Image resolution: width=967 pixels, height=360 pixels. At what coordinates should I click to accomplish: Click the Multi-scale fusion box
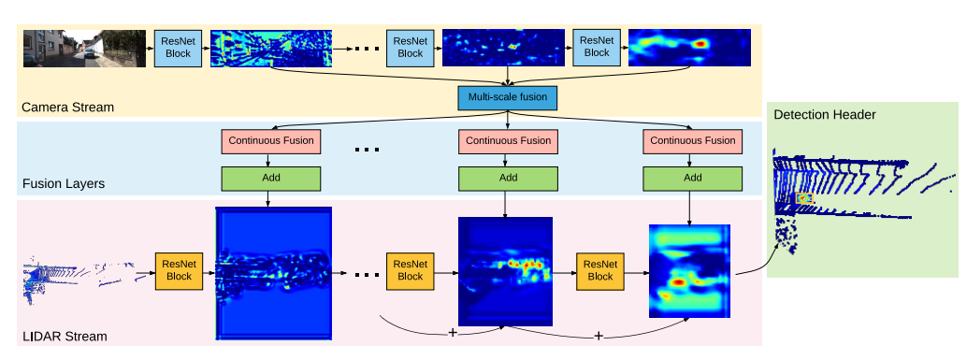507,97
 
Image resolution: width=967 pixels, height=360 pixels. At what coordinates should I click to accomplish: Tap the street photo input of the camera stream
85,48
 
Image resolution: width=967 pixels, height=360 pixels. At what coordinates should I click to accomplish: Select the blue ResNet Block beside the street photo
178,48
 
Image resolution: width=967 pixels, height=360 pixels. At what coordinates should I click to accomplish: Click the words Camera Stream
68,107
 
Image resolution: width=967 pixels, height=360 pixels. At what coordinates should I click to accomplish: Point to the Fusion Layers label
64,183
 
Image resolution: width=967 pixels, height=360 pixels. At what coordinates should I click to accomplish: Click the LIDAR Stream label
65,336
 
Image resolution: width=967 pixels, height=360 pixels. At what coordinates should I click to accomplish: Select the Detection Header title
825,114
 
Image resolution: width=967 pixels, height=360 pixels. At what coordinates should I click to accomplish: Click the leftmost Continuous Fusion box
270,141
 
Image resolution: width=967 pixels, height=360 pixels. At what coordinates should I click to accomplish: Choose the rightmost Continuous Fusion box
692,141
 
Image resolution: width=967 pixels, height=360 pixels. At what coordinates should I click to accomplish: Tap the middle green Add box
508,178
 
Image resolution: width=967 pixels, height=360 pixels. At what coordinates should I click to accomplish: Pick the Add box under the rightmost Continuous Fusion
692,178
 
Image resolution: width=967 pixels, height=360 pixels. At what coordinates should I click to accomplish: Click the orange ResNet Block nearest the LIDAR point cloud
179,270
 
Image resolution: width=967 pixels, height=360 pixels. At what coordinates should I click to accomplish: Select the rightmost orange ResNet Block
600,270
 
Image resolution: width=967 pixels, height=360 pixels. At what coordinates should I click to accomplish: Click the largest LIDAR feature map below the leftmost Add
273,272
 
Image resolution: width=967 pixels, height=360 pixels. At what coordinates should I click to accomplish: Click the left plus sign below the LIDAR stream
453,332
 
